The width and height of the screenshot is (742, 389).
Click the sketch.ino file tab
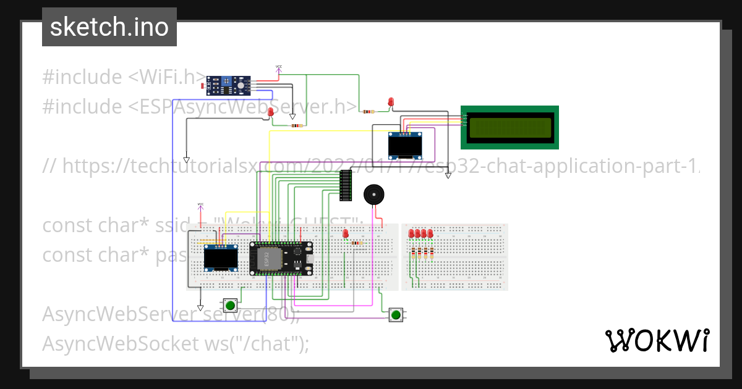pyautogui.click(x=109, y=27)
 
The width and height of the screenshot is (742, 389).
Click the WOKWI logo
pyautogui.click(x=657, y=340)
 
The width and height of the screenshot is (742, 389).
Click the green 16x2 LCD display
pyautogui.click(x=510, y=127)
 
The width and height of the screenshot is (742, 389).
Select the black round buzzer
pyautogui.click(x=373, y=194)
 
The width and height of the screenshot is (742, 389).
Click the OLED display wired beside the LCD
pyautogui.click(x=405, y=146)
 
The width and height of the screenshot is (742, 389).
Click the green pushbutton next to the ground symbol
pyautogui.click(x=231, y=305)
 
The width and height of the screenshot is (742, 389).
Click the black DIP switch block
pyautogui.click(x=346, y=185)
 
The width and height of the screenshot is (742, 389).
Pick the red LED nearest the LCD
pyautogui.click(x=391, y=102)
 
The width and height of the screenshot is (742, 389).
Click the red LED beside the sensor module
pyautogui.click(x=271, y=112)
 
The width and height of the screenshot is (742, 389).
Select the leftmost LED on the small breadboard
pyautogui.click(x=411, y=233)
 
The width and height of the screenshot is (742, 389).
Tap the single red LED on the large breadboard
pyautogui.click(x=345, y=233)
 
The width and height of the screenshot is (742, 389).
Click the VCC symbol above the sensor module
pyautogui.click(x=278, y=69)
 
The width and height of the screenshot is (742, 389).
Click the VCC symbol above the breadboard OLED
pyautogui.click(x=200, y=206)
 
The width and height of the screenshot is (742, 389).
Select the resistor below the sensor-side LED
pyautogui.click(x=297, y=125)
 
